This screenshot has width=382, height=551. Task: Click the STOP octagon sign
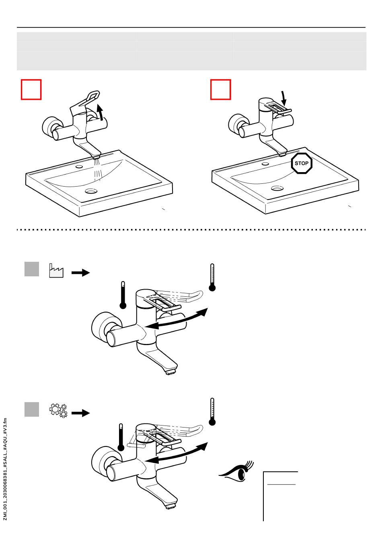tap(302, 163)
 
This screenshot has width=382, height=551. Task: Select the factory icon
tap(56, 271)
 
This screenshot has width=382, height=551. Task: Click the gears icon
tap(58, 410)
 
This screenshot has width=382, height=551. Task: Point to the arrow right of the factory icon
tap(80, 273)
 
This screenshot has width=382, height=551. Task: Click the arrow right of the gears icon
tap(80, 413)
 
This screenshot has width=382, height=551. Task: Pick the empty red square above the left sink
tap(31, 90)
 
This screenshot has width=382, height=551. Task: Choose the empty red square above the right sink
tap(221, 90)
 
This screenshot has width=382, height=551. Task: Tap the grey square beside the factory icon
tap(32, 269)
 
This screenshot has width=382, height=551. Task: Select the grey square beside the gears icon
tap(32, 409)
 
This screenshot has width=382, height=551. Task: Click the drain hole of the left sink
tap(91, 191)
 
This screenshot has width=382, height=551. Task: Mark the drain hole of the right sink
tap(277, 188)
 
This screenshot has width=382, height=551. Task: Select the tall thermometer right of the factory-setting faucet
tap(212, 278)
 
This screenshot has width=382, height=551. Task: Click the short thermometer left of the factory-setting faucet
tap(123, 295)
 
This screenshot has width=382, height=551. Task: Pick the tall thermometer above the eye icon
tap(212, 411)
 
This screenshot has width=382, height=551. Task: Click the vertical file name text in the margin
tap(5, 469)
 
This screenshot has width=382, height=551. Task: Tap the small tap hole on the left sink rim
tap(79, 167)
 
